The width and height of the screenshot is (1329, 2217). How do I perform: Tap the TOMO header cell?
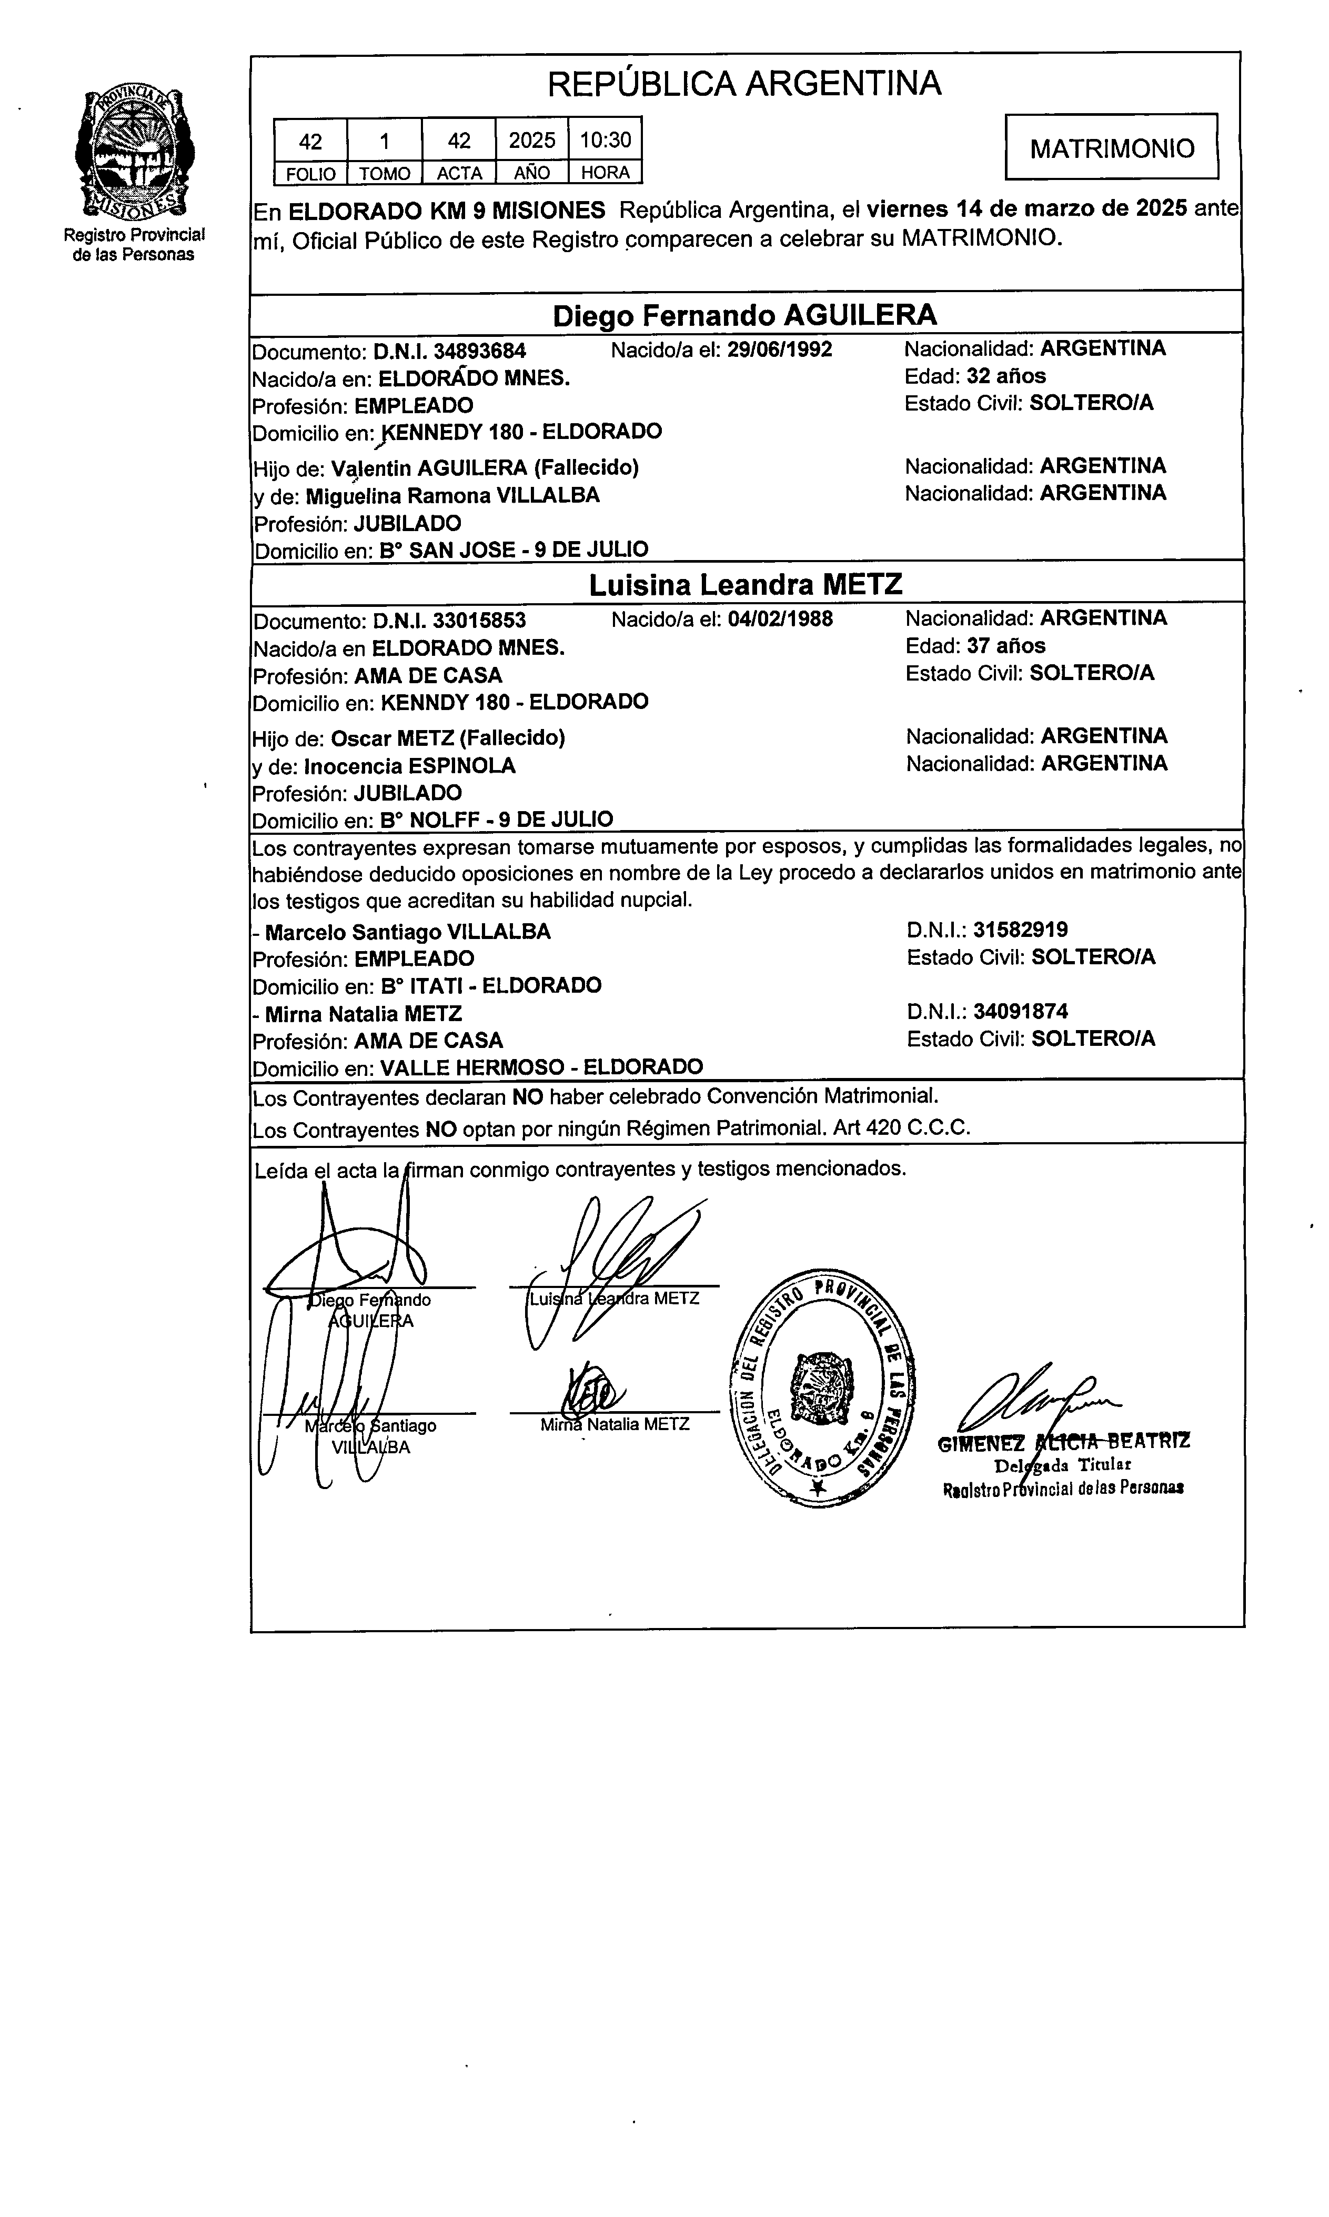(x=384, y=173)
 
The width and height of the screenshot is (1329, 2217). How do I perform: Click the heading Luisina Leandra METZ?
(x=745, y=585)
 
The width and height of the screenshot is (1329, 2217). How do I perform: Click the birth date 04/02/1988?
(x=780, y=619)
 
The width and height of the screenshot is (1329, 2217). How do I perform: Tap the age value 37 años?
(x=1006, y=646)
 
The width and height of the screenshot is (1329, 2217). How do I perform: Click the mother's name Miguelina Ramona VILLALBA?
(x=452, y=495)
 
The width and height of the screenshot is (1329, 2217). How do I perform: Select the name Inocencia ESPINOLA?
(x=409, y=766)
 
